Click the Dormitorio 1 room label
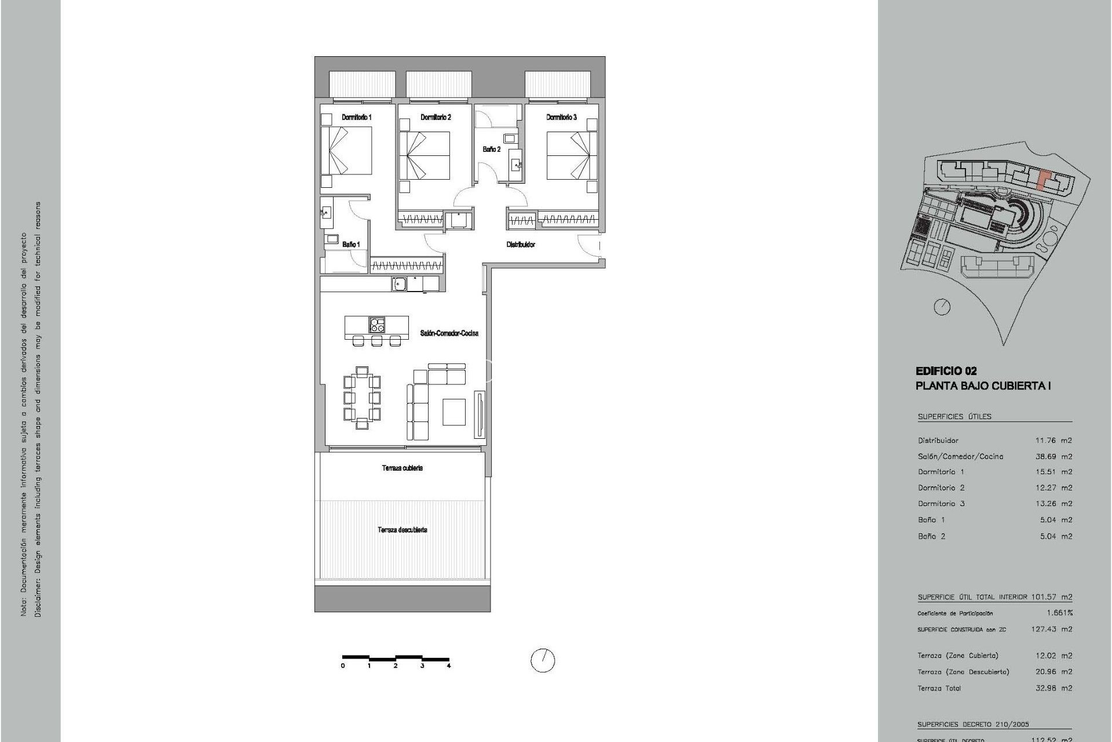coord(357,117)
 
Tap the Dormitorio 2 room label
coord(436,117)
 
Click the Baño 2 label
coord(491,150)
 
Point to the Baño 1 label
coord(350,245)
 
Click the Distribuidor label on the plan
coord(521,245)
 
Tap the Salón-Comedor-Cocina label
coord(449,333)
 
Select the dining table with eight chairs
coord(362,398)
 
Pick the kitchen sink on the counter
coord(398,284)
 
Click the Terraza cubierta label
coord(402,468)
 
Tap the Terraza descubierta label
coord(403,530)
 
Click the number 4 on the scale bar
coord(449,666)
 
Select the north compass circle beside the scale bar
coord(543,660)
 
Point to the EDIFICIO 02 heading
coord(946,371)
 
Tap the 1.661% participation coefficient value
coord(1059,613)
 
